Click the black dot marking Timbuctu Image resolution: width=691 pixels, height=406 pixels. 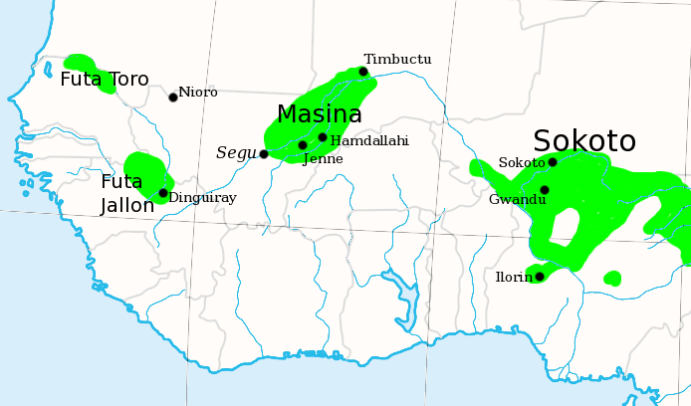[x=363, y=72]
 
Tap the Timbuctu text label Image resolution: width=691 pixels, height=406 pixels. [x=397, y=60]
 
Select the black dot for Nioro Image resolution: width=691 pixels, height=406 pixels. [x=173, y=97]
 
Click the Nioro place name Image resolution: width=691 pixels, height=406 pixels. [x=198, y=93]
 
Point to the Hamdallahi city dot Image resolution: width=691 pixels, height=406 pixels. [x=323, y=137]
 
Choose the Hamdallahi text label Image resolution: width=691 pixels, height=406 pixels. [x=369, y=141]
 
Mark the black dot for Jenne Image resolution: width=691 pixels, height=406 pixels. [x=303, y=145]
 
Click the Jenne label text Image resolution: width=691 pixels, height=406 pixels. [x=323, y=159]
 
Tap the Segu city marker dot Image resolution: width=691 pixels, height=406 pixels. [x=264, y=154]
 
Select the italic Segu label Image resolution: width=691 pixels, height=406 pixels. [x=236, y=153]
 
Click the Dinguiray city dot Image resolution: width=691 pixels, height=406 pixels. [x=163, y=193]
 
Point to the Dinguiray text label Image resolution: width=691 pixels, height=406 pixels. [x=202, y=198]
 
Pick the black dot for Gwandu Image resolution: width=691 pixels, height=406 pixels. [x=545, y=189]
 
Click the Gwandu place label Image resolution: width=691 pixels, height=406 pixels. [x=518, y=200]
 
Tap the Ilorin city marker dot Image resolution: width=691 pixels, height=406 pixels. [x=539, y=276]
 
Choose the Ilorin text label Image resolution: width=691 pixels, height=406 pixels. [x=514, y=278]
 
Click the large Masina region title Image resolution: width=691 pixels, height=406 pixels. [x=319, y=114]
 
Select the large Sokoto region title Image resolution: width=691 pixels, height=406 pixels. [x=583, y=140]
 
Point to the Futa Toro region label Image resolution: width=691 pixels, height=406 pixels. [x=105, y=80]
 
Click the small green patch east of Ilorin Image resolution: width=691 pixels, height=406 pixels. [x=612, y=278]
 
